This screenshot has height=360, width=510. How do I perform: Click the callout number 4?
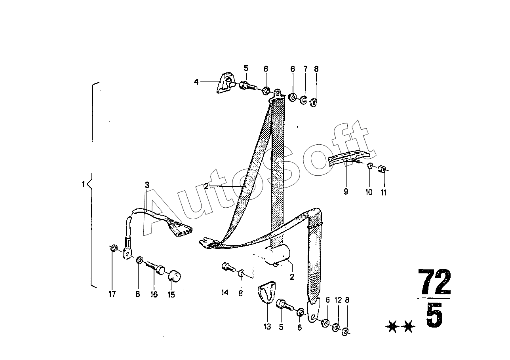click(x=196, y=82)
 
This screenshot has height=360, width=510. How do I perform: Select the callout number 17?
click(x=112, y=294)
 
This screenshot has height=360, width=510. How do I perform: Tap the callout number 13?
click(x=267, y=327)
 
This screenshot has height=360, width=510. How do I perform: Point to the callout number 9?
click(x=346, y=192)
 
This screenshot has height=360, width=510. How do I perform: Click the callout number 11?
click(x=384, y=192)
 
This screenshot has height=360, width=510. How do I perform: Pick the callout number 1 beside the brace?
click(x=84, y=184)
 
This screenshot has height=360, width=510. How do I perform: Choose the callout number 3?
click(x=147, y=185)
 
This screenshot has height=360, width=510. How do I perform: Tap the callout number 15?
click(x=171, y=295)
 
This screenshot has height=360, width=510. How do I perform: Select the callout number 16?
click(x=154, y=294)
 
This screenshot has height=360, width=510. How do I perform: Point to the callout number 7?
click(x=305, y=69)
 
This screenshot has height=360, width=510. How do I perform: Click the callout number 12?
click(x=338, y=300)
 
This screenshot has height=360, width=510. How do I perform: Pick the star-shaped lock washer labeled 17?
click(x=112, y=249)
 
